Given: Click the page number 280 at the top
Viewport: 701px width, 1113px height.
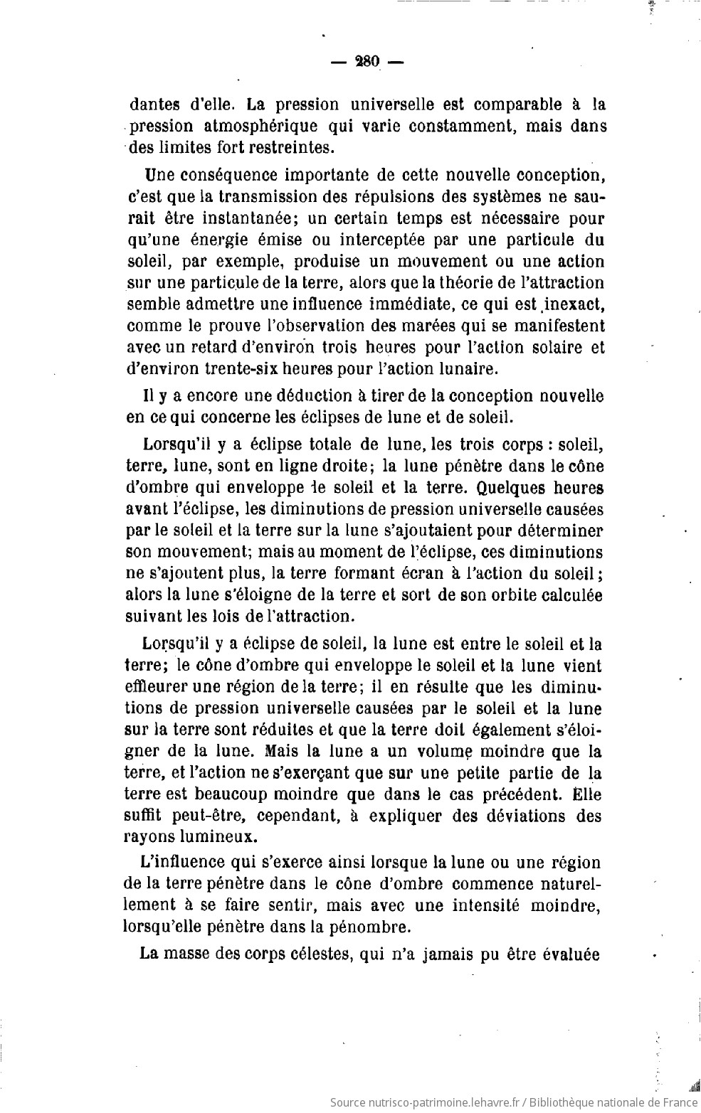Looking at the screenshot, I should click(x=367, y=61).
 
